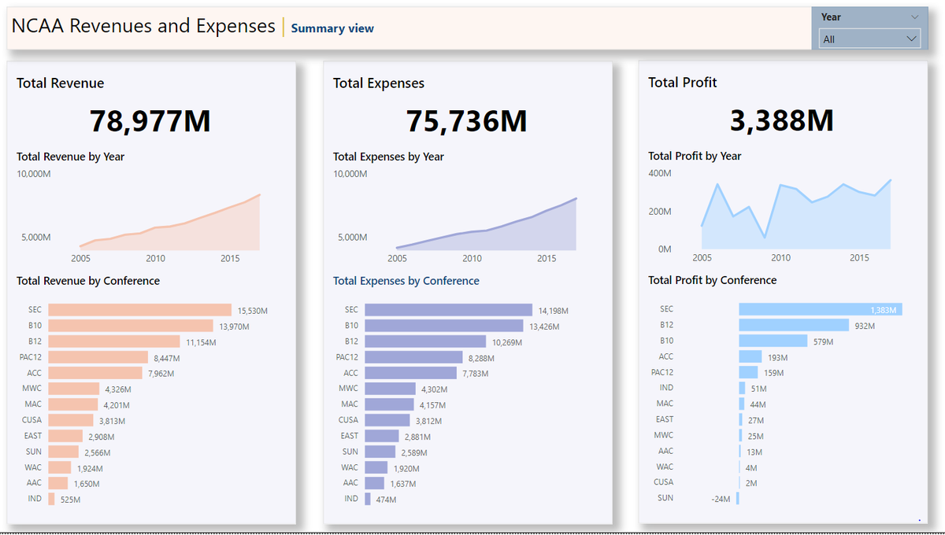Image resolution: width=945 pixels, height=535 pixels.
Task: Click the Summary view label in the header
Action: point(332,28)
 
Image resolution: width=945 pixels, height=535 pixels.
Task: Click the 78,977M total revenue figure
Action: point(150,121)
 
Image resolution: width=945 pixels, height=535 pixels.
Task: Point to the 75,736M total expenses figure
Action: point(466,121)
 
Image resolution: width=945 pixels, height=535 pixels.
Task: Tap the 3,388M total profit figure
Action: point(781,120)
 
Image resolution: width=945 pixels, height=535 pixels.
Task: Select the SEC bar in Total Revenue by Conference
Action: point(139,310)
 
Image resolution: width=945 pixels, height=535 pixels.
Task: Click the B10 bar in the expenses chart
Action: point(443,326)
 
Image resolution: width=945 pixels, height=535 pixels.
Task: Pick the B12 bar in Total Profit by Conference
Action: point(793,325)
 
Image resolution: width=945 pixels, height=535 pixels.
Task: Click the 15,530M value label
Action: point(253,311)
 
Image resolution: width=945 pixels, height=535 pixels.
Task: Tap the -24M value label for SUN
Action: point(721,499)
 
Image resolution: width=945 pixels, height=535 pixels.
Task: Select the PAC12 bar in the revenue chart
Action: point(98,357)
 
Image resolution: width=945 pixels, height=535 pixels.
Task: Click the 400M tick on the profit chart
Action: point(660,173)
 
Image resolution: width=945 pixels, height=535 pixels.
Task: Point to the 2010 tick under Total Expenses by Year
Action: point(472,258)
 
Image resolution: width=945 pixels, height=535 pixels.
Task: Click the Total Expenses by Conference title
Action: point(406,281)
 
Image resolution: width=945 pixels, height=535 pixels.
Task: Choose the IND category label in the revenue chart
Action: point(35,499)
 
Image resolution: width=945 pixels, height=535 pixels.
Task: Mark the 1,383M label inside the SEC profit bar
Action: point(883,310)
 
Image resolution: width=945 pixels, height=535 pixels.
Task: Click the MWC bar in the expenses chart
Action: point(390,389)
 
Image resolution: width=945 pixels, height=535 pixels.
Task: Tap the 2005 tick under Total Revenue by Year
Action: point(81,258)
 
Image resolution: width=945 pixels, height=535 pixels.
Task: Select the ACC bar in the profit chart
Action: point(750,357)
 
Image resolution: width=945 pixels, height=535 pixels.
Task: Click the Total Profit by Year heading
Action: point(695,156)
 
